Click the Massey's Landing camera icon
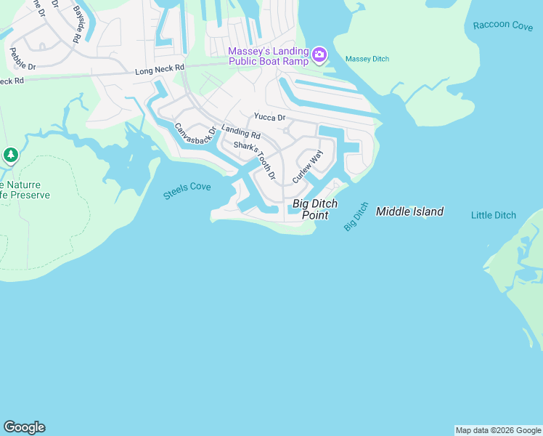(x=319, y=55)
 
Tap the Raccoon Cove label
(x=502, y=25)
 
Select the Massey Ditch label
(x=367, y=59)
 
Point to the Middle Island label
(x=409, y=212)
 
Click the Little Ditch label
(x=494, y=215)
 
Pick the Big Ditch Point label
(x=316, y=209)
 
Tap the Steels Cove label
(x=187, y=190)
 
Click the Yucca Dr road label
(x=269, y=116)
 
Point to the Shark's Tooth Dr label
(x=255, y=160)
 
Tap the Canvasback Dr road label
(x=195, y=134)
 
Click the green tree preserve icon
(x=10, y=155)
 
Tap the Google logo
(x=24, y=427)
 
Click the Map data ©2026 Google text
(x=498, y=430)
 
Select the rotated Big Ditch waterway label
(x=356, y=217)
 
